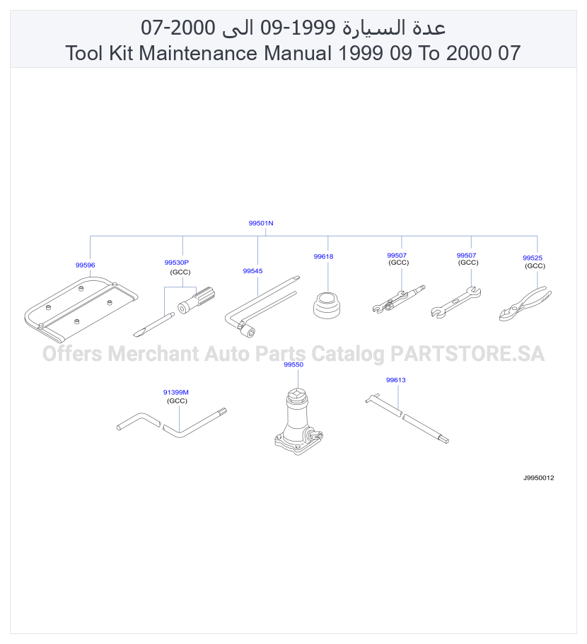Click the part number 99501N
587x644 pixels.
261,223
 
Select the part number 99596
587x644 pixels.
85,265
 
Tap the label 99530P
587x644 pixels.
177,262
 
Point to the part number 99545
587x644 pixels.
252,270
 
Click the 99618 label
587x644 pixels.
323,256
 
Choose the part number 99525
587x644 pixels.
533,258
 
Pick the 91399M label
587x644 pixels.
175,392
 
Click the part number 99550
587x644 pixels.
293,364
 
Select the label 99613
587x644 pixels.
396,380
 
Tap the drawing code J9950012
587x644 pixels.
538,478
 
